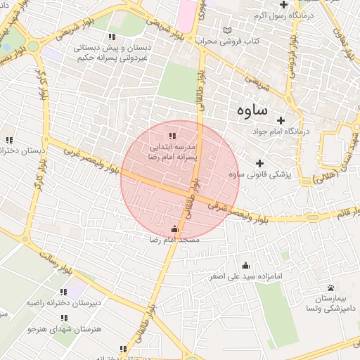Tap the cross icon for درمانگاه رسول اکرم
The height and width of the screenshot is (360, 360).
point(284,6)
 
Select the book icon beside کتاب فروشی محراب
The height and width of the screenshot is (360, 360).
point(226,31)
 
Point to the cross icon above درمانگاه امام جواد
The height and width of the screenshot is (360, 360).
point(281,120)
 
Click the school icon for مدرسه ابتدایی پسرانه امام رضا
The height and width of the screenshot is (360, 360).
point(172,136)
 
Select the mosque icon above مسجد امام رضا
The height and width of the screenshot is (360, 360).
point(175,229)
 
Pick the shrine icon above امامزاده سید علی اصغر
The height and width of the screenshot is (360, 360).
point(245,265)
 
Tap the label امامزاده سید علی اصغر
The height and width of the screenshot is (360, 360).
point(245,276)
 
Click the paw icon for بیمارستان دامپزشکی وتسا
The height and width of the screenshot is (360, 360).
point(330,287)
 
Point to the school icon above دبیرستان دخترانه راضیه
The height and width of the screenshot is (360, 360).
point(63,292)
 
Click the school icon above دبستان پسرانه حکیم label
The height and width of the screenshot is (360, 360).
point(111,37)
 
